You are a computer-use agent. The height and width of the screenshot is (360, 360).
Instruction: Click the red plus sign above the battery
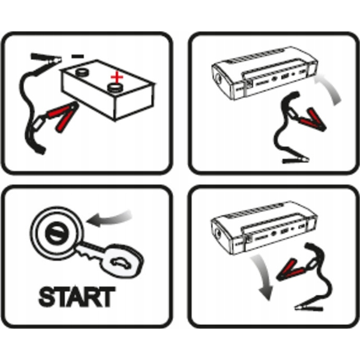pos(117,77)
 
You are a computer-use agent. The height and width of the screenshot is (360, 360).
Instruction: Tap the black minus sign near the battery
pos(77,56)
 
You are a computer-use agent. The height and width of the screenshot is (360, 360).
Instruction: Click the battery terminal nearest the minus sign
pos(82,73)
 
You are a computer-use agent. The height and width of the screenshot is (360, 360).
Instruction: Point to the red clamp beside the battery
pos(62,116)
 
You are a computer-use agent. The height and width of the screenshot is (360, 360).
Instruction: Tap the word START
pos(77,296)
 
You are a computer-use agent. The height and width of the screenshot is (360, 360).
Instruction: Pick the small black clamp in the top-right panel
pos(295,160)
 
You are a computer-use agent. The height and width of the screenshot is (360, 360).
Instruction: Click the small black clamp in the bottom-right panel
pos(309,307)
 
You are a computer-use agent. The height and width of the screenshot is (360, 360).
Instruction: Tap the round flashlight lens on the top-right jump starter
pos(218,79)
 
